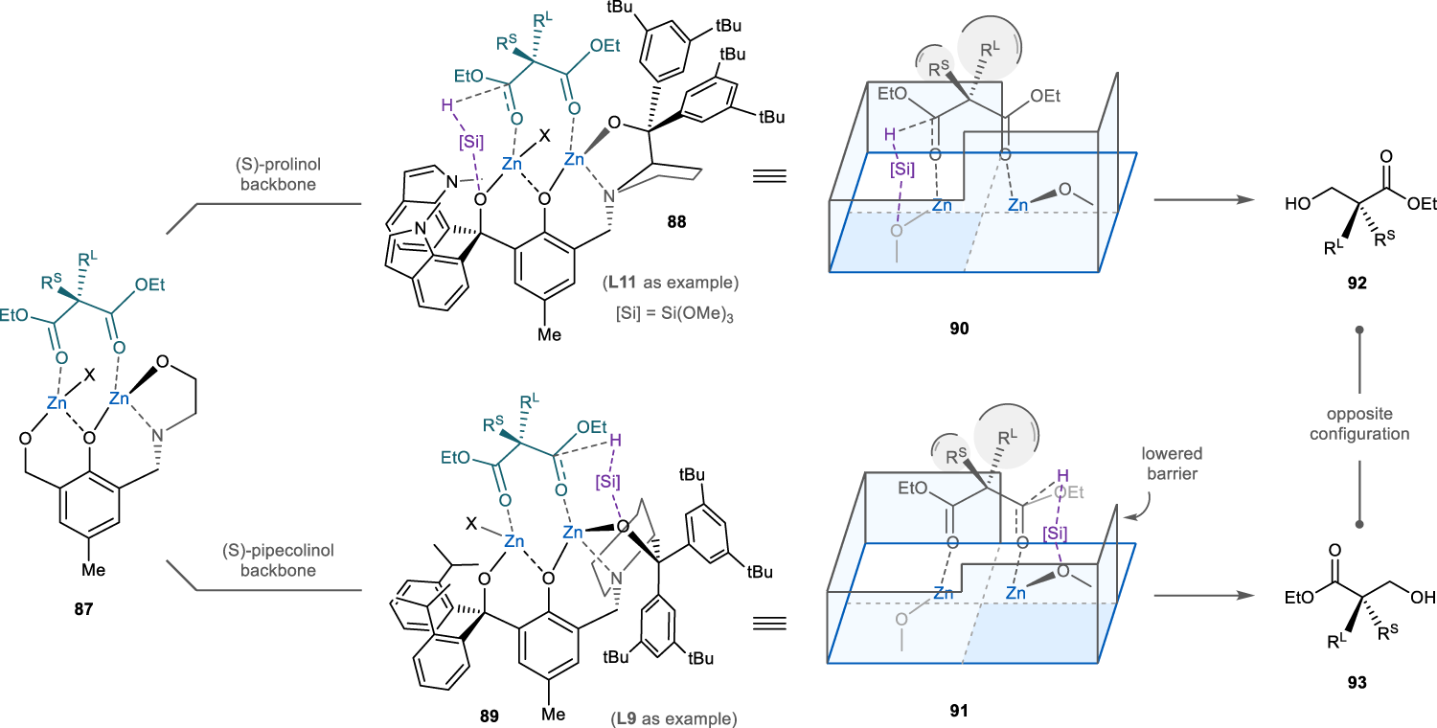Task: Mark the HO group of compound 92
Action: (x=1302, y=204)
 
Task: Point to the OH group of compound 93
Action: (x=1422, y=597)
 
